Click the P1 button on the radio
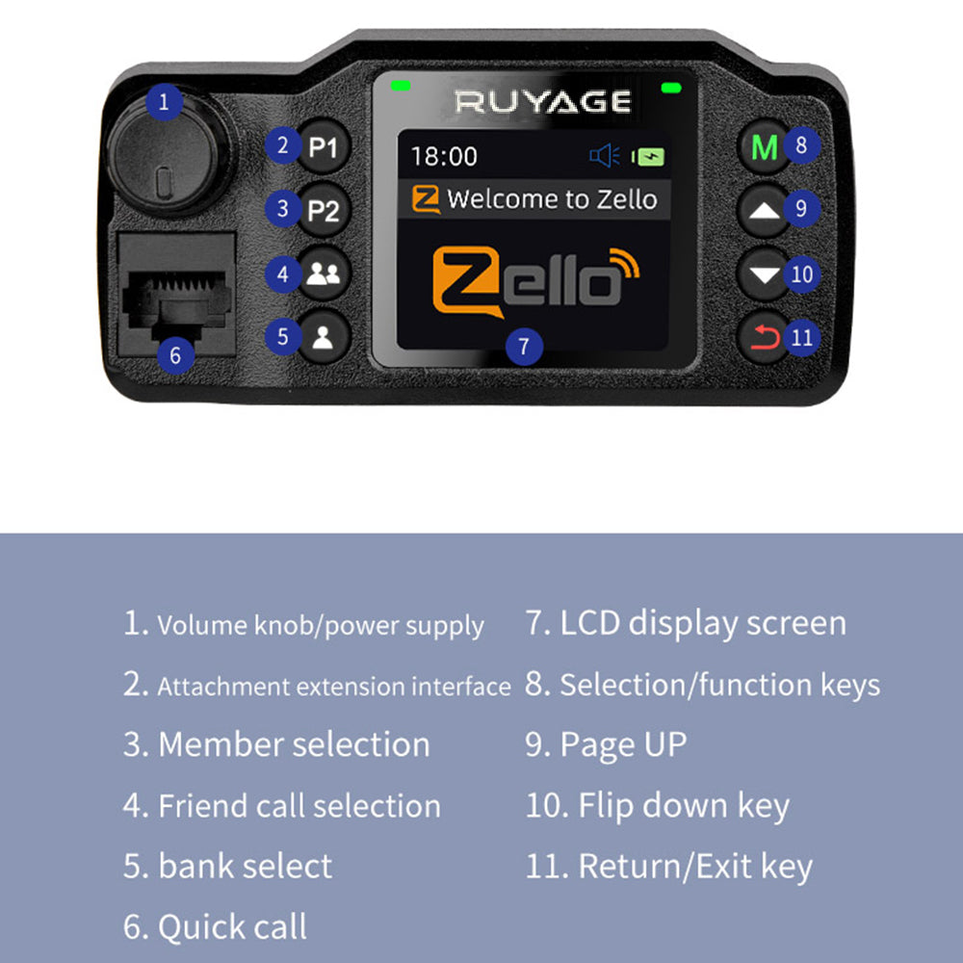pyautogui.click(x=324, y=148)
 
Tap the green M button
pyautogui.click(x=764, y=148)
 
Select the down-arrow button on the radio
pyautogui.click(x=766, y=274)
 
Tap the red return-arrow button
pyautogui.click(x=765, y=337)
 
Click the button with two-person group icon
pyautogui.click(x=324, y=274)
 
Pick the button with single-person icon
pyautogui.click(x=324, y=337)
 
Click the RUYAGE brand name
pyautogui.click(x=543, y=101)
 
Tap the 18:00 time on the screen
pyautogui.click(x=444, y=156)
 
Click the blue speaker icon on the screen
pyautogui.click(x=604, y=156)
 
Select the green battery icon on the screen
pyautogui.click(x=649, y=156)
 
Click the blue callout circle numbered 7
pyautogui.click(x=524, y=346)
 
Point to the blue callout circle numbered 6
pyautogui.click(x=174, y=354)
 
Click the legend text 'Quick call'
pyautogui.click(x=232, y=926)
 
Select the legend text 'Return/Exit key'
pyautogui.click(x=694, y=866)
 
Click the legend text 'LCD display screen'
pyautogui.click(x=703, y=623)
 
